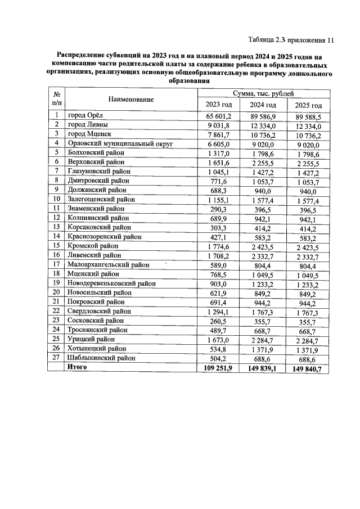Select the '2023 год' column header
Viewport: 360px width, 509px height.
tap(219, 105)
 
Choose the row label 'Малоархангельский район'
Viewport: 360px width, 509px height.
tap(108, 265)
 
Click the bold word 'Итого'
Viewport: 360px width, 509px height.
tap(78, 367)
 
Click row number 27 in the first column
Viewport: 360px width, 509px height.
tap(56, 358)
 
